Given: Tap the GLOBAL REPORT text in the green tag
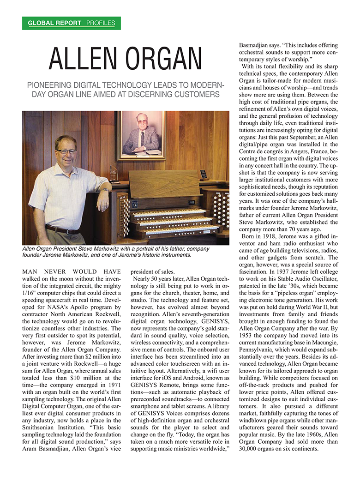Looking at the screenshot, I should click(x=54, y=23).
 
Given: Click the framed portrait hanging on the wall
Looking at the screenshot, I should click(x=141, y=135).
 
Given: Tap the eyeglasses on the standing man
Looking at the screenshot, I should click(x=66, y=151).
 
